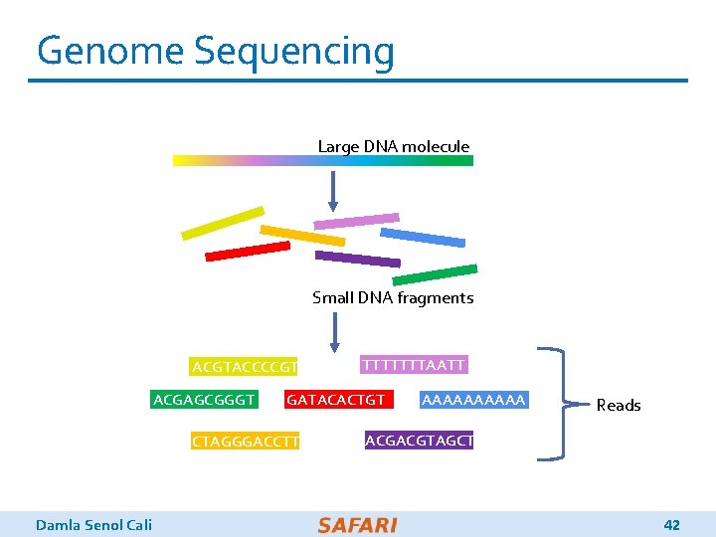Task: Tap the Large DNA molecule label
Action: [393, 146]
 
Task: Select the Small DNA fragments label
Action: [393, 297]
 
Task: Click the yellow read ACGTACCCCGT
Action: [245, 367]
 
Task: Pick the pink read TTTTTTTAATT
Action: [413, 365]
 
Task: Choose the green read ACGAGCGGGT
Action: [204, 400]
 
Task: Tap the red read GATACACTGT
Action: [335, 400]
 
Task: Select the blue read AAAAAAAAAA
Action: [473, 400]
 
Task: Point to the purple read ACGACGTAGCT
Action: [419, 440]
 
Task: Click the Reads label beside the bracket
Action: [619, 405]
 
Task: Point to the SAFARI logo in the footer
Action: [357, 524]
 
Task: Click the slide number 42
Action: [671, 524]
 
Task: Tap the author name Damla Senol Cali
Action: [93, 524]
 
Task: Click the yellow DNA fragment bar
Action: [223, 223]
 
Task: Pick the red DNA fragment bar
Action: [247, 250]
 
